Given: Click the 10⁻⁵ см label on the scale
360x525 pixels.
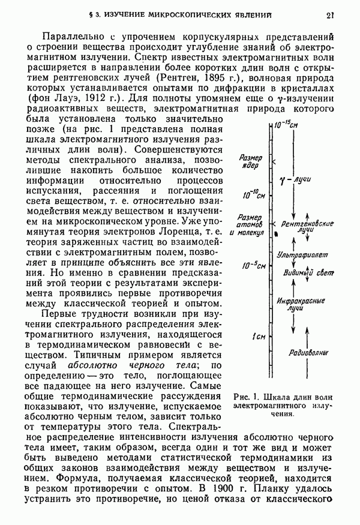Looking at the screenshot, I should [254, 266].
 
